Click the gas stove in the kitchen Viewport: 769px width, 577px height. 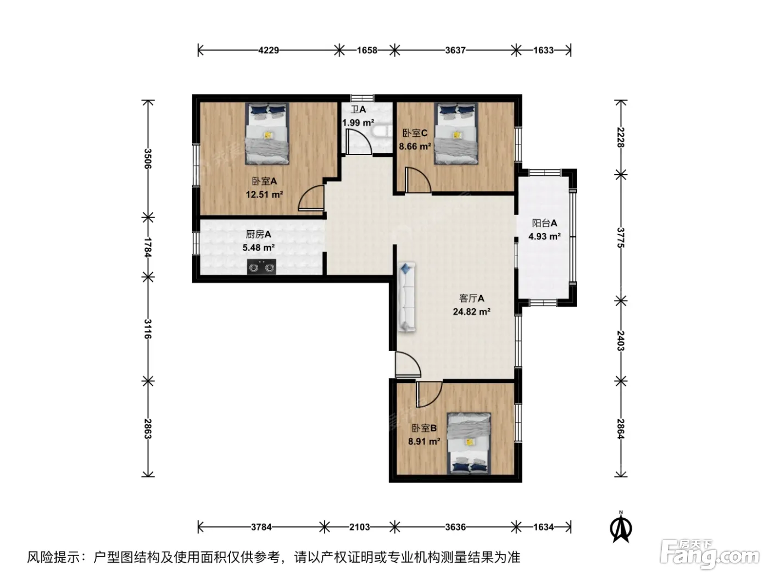(x=261, y=267)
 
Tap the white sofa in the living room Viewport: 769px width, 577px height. (x=406, y=297)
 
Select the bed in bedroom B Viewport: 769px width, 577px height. (x=469, y=443)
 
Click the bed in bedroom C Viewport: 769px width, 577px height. (x=456, y=134)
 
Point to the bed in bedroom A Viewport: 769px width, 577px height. (x=267, y=134)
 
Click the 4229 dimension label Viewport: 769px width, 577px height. (x=269, y=51)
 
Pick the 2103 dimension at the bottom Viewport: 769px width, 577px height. (x=359, y=527)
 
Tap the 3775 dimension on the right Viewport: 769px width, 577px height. (x=621, y=237)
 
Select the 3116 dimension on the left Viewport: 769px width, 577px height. (x=148, y=329)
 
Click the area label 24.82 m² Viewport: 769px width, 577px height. (x=471, y=312)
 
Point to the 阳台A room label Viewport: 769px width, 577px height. (x=544, y=223)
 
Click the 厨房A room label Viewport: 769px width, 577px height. (x=258, y=234)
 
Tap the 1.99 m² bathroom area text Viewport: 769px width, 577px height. (x=358, y=123)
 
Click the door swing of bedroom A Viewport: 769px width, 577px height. (x=311, y=198)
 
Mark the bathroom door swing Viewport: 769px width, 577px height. (x=359, y=142)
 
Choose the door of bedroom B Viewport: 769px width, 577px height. (x=429, y=394)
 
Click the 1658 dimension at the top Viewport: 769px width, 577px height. (x=367, y=51)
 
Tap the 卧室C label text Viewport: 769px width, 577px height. (x=415, y=133)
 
